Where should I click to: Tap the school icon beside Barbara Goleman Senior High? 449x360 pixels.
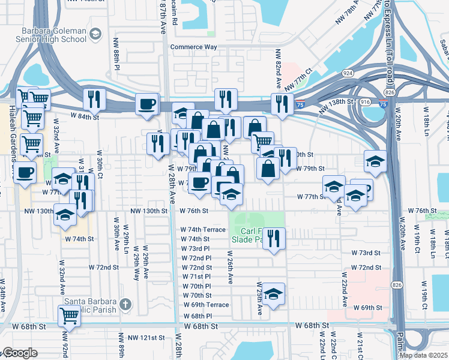(95, 35)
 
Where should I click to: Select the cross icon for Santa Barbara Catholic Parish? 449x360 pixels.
(125, 304)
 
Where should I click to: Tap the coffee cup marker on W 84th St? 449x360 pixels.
(147, 104)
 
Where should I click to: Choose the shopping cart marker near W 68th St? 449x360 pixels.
(70, 316)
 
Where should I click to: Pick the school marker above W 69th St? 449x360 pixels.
(273, 294)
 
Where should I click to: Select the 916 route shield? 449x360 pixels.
(364, 103)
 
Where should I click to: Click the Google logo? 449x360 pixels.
(19, 353)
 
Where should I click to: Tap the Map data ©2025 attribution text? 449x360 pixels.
(423, 355)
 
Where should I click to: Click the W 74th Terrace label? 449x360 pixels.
(203, 230)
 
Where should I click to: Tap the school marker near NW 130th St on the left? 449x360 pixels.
(65, 216)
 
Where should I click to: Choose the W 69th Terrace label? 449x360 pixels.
(205, 305)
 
